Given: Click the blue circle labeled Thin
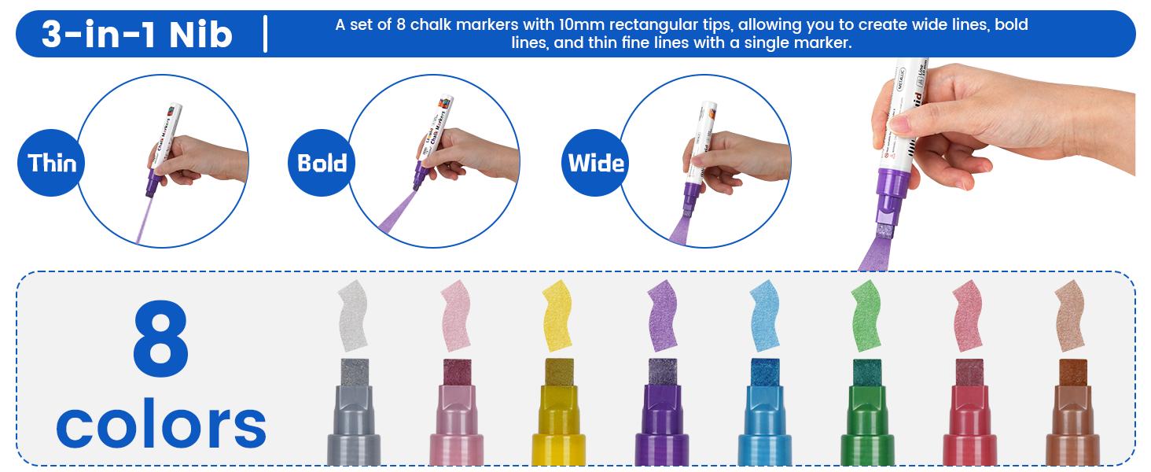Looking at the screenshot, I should [52, 163].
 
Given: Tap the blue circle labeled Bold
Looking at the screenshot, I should [322, 163].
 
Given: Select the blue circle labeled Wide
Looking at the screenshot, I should [596, 163].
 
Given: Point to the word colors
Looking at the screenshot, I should [161, 425].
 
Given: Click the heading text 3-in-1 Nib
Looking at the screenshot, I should [137, 35].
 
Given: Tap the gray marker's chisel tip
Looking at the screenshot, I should [355, 372].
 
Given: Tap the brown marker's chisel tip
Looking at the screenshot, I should [1072, 372].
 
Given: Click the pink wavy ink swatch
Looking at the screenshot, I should [456, 315].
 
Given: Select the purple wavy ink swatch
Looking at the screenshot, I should [663, 315].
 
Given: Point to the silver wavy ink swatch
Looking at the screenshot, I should [352, 315].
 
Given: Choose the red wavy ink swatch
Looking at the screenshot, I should [968, 315].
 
